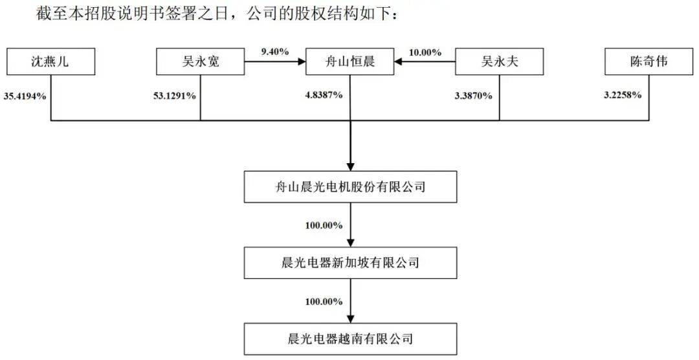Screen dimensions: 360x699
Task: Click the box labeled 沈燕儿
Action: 50,62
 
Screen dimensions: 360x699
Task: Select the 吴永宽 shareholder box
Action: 200,62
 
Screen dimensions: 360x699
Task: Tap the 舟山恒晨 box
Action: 349,62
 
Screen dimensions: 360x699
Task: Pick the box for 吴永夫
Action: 499,62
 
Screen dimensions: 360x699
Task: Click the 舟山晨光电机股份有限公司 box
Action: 349,187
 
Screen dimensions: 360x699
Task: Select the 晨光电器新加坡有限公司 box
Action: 349,262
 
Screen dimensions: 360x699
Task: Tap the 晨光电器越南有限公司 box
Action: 349,337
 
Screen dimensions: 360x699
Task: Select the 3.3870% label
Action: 474,95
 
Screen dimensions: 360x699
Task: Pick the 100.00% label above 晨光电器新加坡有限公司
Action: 324,225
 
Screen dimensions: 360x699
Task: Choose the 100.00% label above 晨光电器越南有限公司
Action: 324,301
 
